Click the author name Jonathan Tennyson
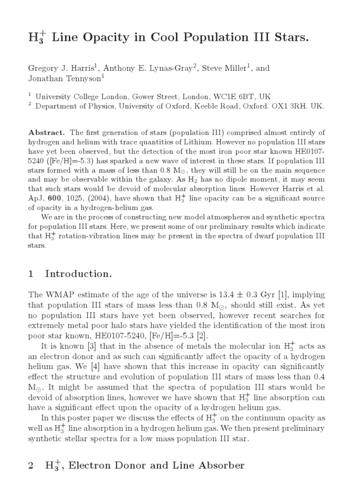coord(62,79)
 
